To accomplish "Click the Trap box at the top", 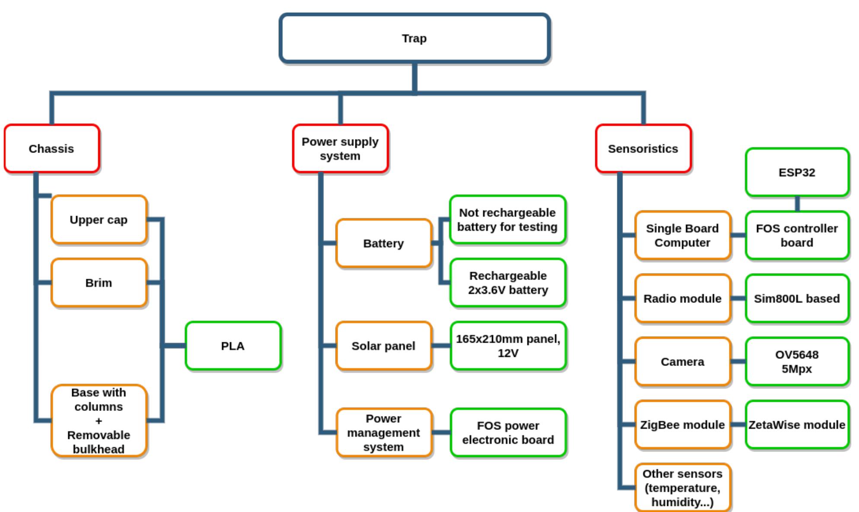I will coord(414,38).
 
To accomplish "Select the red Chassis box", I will coord(51,149).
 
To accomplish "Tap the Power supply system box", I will coord(340,149).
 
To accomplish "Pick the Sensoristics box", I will coord(643,149).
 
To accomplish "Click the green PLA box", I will coord(233,346).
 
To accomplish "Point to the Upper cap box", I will coord(99,219).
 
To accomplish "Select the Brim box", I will coord(99,283).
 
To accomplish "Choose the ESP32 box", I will coord(797,172).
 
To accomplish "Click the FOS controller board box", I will coord(797,235).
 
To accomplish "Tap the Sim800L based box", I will coord(797,299).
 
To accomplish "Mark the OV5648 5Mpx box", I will coord(797,362).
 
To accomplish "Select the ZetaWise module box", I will coord(797,425).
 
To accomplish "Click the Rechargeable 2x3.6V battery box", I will coord(508,283).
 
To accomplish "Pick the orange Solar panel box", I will coord(383,346).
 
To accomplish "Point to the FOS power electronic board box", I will coord(508,432).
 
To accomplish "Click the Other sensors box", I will coord(682,488).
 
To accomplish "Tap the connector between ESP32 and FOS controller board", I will coord(797,204).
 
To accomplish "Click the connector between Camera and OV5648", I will coord(738,361).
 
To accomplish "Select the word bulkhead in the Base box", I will coord(99,449).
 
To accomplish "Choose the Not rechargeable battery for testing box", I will coord(508,219).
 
